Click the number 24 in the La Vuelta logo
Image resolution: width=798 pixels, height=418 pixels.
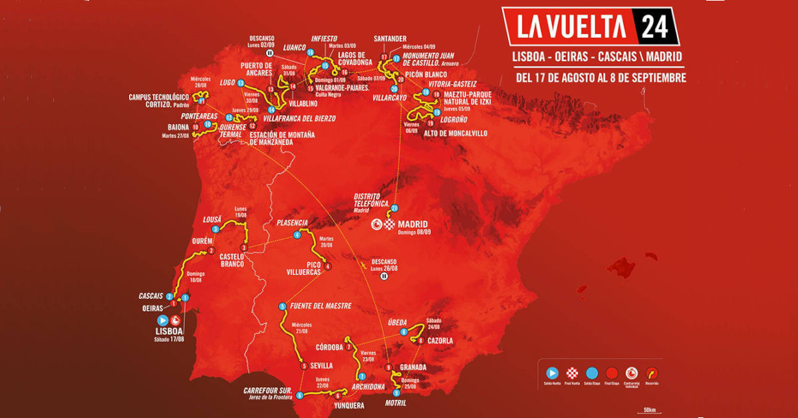coord(655,26)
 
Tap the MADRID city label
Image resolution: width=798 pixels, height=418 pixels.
coord(413,224)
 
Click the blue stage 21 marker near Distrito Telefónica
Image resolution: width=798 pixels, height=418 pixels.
coord(394,208)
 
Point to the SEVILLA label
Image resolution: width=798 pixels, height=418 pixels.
coord(321,365)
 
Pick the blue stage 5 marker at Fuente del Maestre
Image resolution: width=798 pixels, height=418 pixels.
coord(283,306)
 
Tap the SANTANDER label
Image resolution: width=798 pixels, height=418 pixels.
coord(390,39)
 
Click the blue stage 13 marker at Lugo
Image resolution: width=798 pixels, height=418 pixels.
coord(241,83)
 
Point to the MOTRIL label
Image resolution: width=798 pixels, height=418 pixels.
coord(395,403)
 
